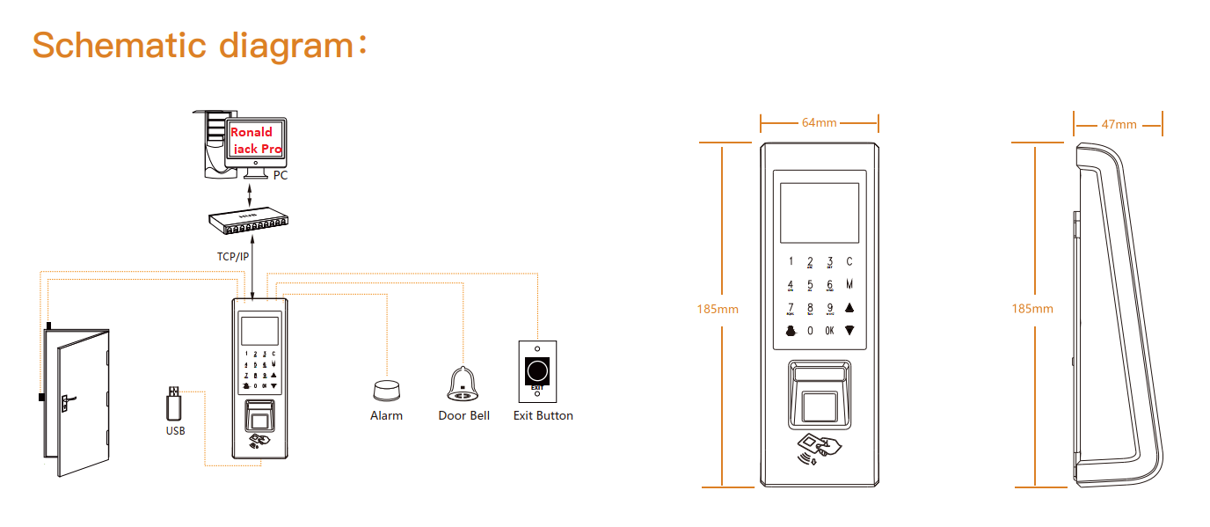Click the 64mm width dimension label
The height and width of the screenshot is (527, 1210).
[819, 122]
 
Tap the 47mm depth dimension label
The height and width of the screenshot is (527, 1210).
[1119, 124]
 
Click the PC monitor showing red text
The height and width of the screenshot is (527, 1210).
[255, 141]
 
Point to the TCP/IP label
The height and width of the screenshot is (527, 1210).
[233, 257]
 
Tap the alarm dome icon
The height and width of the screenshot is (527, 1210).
[386, 391]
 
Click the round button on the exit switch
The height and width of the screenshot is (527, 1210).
[536, 369]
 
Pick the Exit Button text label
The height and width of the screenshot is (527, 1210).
[543, 415]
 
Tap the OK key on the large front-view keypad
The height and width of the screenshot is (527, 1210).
[829, 331]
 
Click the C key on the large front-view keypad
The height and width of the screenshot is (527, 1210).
[849, 261]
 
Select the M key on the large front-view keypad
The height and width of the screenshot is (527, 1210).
[849, 284]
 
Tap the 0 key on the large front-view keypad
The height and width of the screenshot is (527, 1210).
[810, 331]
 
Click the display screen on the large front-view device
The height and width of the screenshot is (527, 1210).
[819, 213]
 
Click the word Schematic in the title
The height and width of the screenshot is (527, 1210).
[119, 44]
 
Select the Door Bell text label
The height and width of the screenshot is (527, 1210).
[463, 415]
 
